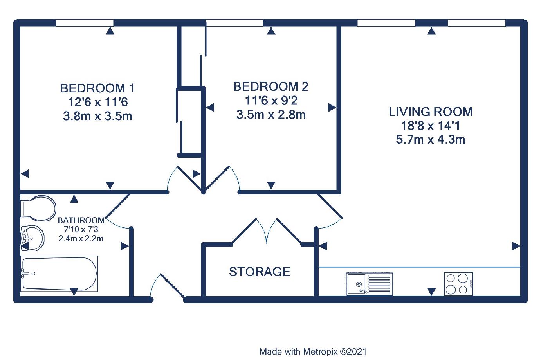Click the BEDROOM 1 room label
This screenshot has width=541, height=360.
97,88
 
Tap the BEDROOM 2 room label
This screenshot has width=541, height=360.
271,86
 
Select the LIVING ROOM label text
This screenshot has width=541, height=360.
431,112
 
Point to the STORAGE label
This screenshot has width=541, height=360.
260,272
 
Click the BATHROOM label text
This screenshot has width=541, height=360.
81,220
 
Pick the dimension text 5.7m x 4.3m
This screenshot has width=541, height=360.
431,140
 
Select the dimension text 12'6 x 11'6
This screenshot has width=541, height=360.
98,102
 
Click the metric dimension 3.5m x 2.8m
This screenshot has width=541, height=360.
271,114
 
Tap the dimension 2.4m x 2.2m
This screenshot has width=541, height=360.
81,238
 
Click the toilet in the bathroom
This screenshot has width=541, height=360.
39,209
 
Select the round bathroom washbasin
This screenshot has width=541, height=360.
32,238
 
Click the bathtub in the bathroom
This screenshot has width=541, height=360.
59,274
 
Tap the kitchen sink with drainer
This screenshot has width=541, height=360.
370,284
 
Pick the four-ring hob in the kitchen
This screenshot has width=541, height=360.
458,284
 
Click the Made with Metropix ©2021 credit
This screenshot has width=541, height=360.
313,351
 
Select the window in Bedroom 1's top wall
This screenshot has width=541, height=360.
85,23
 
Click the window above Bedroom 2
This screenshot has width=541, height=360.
234,23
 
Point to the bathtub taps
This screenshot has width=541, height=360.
25,273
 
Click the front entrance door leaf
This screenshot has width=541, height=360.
173,286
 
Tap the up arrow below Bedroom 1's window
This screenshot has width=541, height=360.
110,31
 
